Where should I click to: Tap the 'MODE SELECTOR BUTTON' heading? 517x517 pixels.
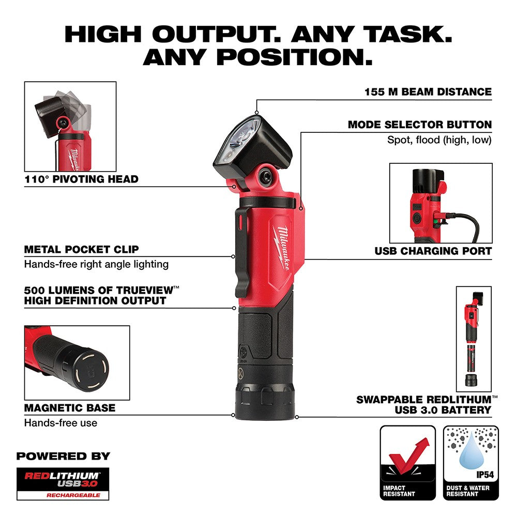point(419,125)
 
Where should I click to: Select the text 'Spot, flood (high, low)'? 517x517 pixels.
point(439,140)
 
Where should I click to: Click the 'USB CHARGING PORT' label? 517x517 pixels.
point(433,251)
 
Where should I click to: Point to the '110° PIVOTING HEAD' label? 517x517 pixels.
point(81,179)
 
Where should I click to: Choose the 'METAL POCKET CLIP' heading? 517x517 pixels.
point(81,249)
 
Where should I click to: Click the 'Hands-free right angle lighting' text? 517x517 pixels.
point(96,264)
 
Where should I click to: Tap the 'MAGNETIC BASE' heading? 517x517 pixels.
point(70,408)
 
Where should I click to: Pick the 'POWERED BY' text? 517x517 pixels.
point(63,456)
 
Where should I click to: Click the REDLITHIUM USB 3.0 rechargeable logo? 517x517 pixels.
point(63,483)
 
